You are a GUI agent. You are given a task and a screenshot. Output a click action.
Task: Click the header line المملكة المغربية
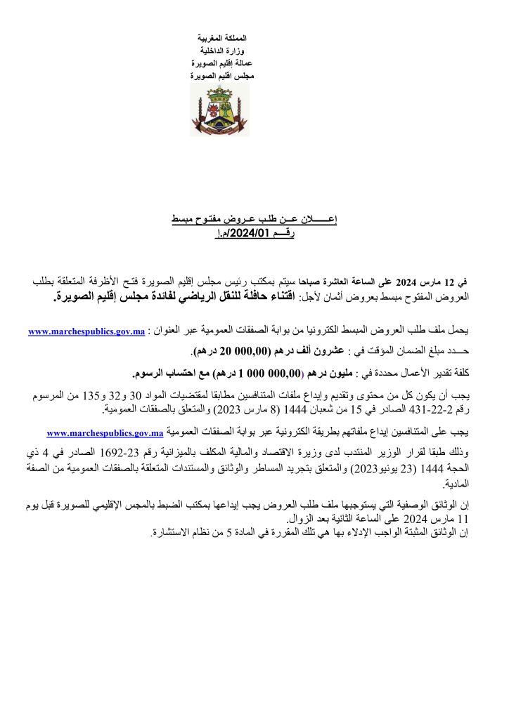coord(220,36)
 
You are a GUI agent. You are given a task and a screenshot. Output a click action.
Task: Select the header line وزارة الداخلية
coord(223,51)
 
